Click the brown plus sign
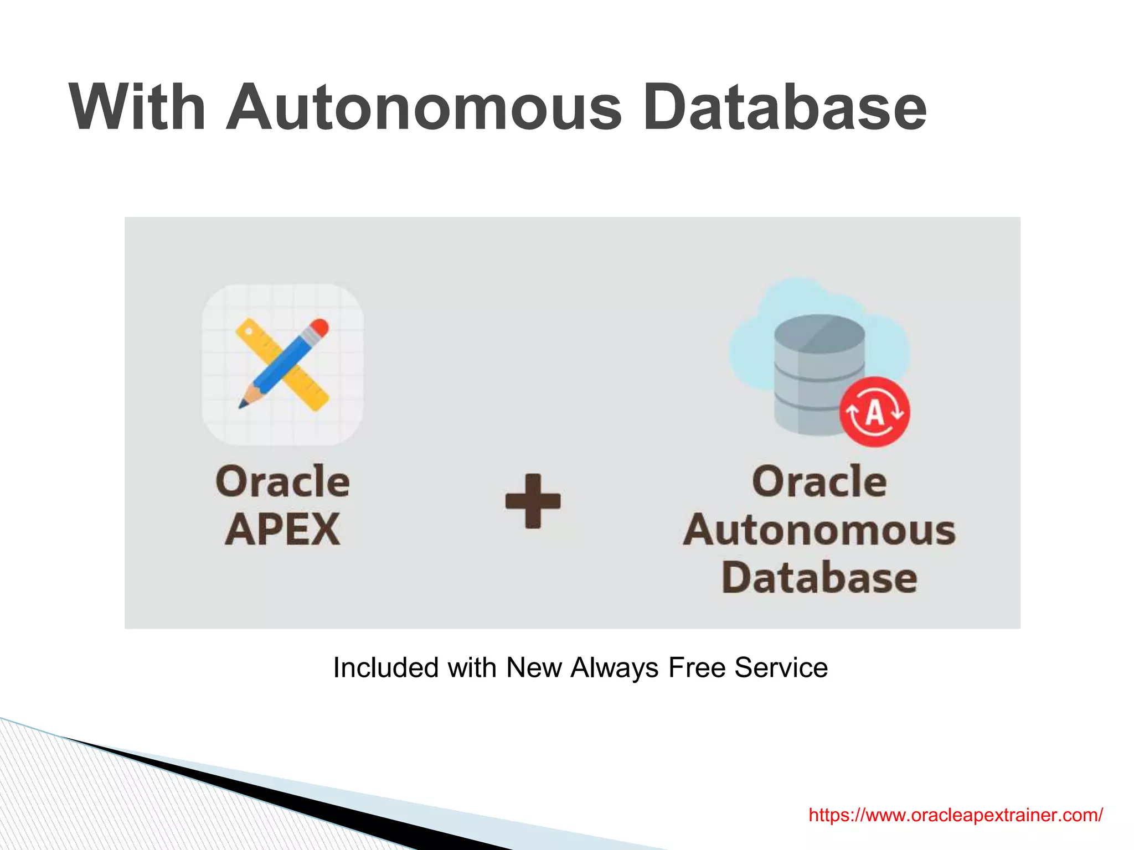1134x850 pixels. point(533,501)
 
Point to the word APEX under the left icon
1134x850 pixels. point(282,530)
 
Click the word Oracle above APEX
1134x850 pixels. point(282,481)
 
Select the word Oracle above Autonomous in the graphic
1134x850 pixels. point(819,481)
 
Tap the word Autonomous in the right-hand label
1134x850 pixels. point(819,530)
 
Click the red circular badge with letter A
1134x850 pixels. point(874,412)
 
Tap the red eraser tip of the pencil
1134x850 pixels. point(319,327)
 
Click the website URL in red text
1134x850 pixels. point(955,815)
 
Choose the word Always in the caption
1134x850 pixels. point(614,667)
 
